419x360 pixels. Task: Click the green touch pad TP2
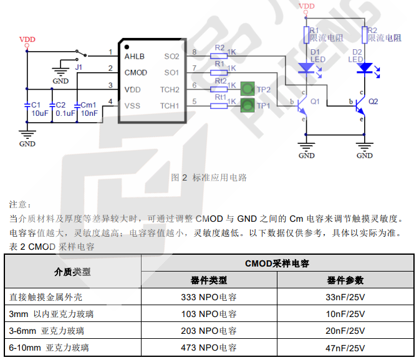(x=248, y=88)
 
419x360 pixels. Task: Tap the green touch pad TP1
(x=248, y=105)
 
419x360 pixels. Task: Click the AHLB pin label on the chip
(x=134, y=57)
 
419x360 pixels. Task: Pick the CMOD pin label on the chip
(x=136, y=73)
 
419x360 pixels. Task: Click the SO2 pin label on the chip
(x=171, y=57)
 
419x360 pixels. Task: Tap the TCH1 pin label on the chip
(x=170, y=105)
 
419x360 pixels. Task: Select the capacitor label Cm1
(x=89, y=105)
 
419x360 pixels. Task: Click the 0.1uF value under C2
(x=65, y=113)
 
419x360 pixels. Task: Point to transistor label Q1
(x=315, y=101)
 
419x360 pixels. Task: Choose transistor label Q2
(x=373, y=101)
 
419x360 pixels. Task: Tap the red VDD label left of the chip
(x=27, y=39)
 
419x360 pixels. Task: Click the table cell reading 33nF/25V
(x=345, y=298)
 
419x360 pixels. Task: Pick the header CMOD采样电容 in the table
(x=277, y=263)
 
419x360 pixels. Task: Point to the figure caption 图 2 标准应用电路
(x=209, y=178)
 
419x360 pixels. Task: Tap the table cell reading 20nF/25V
(x=345, y=331)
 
